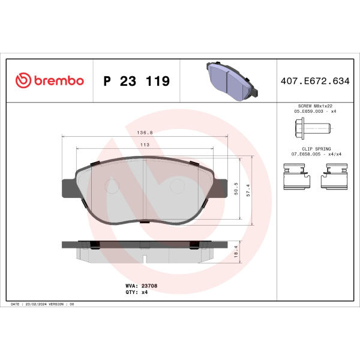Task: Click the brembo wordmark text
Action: point(59,80)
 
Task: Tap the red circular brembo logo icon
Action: point(23,80)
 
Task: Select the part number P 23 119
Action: point(137,81)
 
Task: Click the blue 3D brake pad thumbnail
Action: point(232,80)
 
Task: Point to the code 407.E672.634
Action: point(315,81)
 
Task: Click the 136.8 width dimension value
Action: point(145,133)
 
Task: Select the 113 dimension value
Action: point(145,145)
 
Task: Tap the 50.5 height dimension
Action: point(236,189)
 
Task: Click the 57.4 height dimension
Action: point(248,190)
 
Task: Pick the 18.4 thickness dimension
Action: point(236,251)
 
